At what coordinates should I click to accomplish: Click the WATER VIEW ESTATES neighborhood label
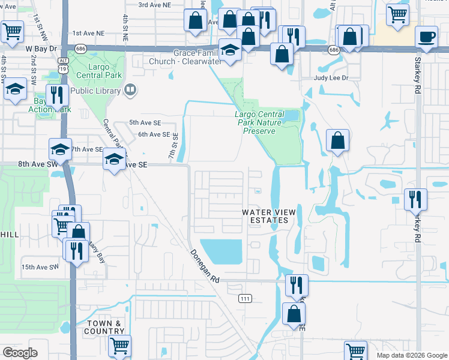[270, 216]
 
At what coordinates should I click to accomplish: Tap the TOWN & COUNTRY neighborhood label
[104, 327]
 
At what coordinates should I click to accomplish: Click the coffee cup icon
[427, 37]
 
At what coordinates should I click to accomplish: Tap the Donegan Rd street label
[206, 267]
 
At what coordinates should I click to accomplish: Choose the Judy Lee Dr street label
[331, 78]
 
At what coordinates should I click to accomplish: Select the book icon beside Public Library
[130, 91]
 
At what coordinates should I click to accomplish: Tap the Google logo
[20, 353]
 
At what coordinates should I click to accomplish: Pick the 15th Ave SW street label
[40, 266]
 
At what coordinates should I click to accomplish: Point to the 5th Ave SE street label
[145, 122]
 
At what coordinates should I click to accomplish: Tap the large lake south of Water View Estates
[220, 251]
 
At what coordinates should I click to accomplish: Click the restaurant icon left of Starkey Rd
[416, 199]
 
